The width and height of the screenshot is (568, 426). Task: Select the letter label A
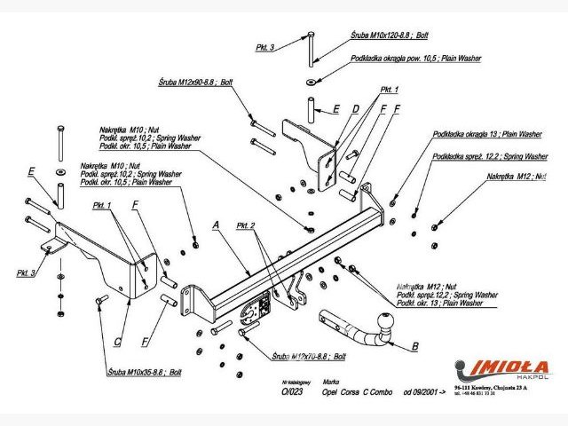216,225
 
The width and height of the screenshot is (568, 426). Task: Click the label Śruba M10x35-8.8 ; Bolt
143,370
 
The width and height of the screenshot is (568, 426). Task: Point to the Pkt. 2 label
247,226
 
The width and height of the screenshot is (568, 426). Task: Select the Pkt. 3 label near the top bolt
265,47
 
